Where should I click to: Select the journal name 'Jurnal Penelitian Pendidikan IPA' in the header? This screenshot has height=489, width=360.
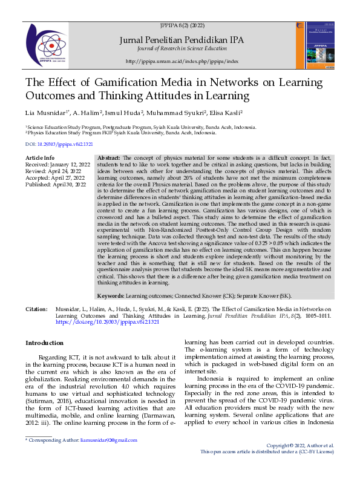coord(182,40)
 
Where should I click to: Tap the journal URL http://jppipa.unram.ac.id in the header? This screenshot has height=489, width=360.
coord(182,62)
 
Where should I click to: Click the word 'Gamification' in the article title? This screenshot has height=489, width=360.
coord(123,83)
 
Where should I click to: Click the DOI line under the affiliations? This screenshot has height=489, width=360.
coord(59,144)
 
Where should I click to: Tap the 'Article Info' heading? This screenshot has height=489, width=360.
coord(39,157)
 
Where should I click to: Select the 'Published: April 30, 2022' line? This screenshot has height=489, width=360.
coord(56,183)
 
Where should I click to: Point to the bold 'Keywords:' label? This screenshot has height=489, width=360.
coord(111,296)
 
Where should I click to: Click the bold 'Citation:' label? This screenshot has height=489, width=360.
coord(36,309)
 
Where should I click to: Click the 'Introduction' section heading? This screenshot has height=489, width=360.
coord(45,343)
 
